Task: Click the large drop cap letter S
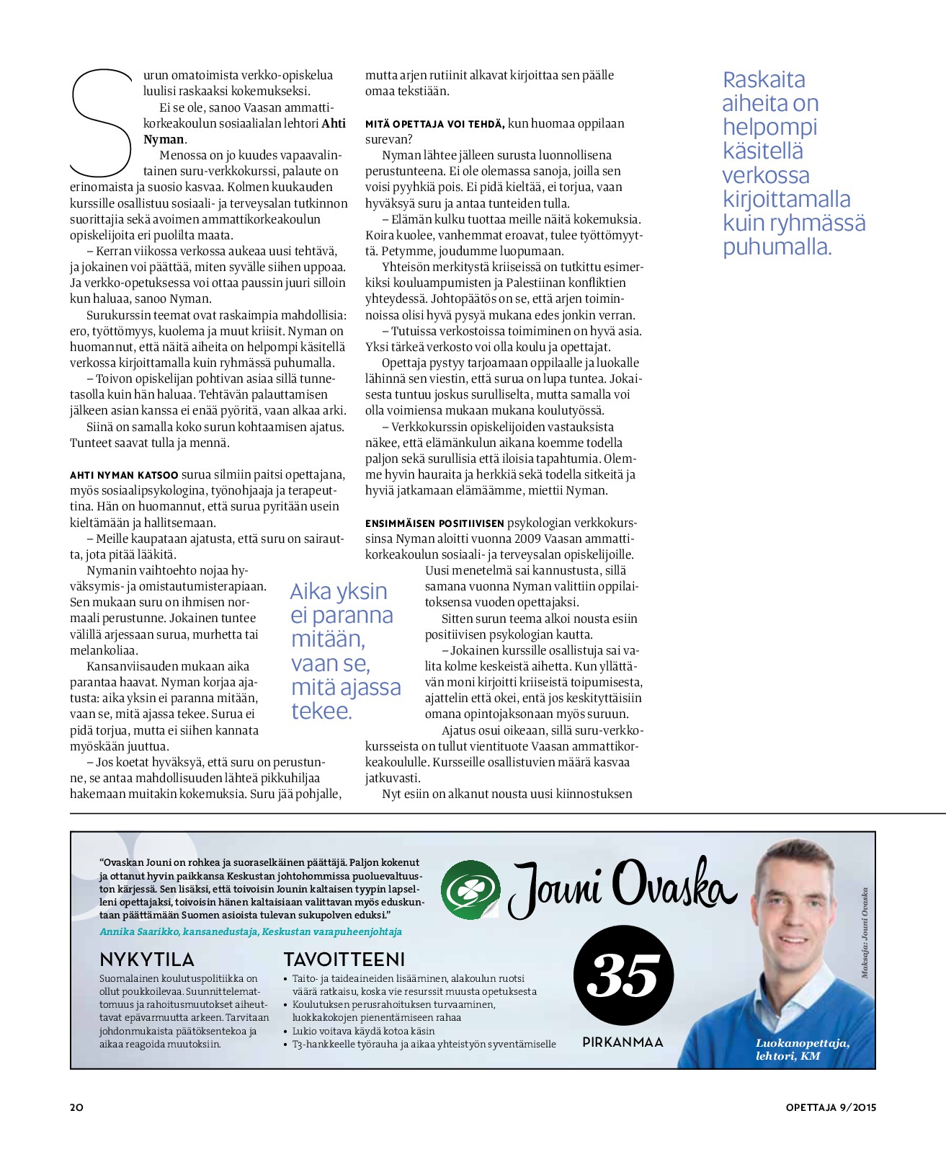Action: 101,123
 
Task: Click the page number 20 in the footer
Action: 76,1107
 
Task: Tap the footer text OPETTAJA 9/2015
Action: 831,1107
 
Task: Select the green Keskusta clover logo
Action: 470,890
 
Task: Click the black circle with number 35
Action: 623,975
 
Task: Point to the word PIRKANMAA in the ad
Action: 623,1042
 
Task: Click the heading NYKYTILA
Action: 147,960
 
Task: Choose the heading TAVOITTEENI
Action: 344,960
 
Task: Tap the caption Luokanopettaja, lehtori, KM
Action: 802,1050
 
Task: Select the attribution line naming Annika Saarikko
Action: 251,931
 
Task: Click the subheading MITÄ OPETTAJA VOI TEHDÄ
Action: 434,124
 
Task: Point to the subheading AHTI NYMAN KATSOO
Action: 124,475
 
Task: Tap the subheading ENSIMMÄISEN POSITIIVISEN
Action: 434,523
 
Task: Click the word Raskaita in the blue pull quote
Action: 764,79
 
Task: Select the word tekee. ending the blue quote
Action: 321,712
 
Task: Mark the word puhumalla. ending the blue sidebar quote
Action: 777,247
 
